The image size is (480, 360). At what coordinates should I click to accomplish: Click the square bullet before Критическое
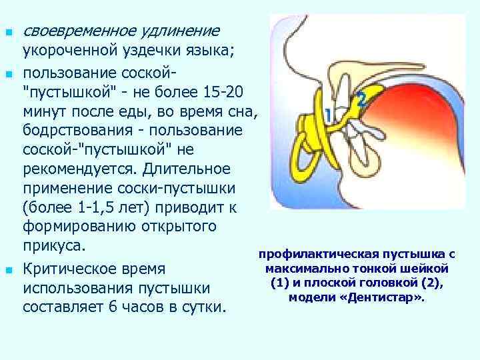click(x=7, y=271)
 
